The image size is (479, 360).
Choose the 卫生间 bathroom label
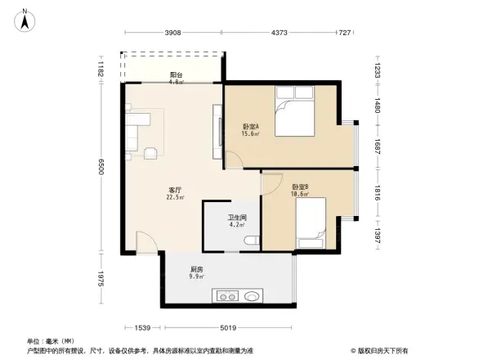pyautogui.click(x=237, y=220)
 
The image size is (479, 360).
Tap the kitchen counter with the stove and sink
pyautogui.click(x=239, y=296)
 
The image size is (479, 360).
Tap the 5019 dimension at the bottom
pyautogui.click(x=227, y=328)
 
